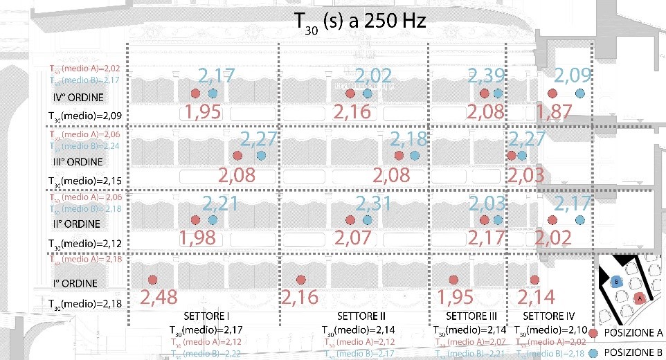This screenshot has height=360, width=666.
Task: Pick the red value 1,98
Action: (x=200, y=239)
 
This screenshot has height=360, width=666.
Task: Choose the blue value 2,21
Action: (x=219, y=204)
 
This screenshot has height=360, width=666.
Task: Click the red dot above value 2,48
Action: (x=152, y=280)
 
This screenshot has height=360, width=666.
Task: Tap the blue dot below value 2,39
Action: (x=497, y=93)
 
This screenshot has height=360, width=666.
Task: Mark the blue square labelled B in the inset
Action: (x=615, y=281)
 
